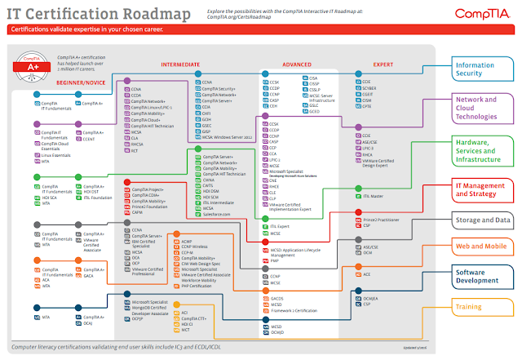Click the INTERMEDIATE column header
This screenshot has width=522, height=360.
click(181, 64)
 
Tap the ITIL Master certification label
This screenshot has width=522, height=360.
click(374, 196)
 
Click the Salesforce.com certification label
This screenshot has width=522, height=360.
click(217, 214)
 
